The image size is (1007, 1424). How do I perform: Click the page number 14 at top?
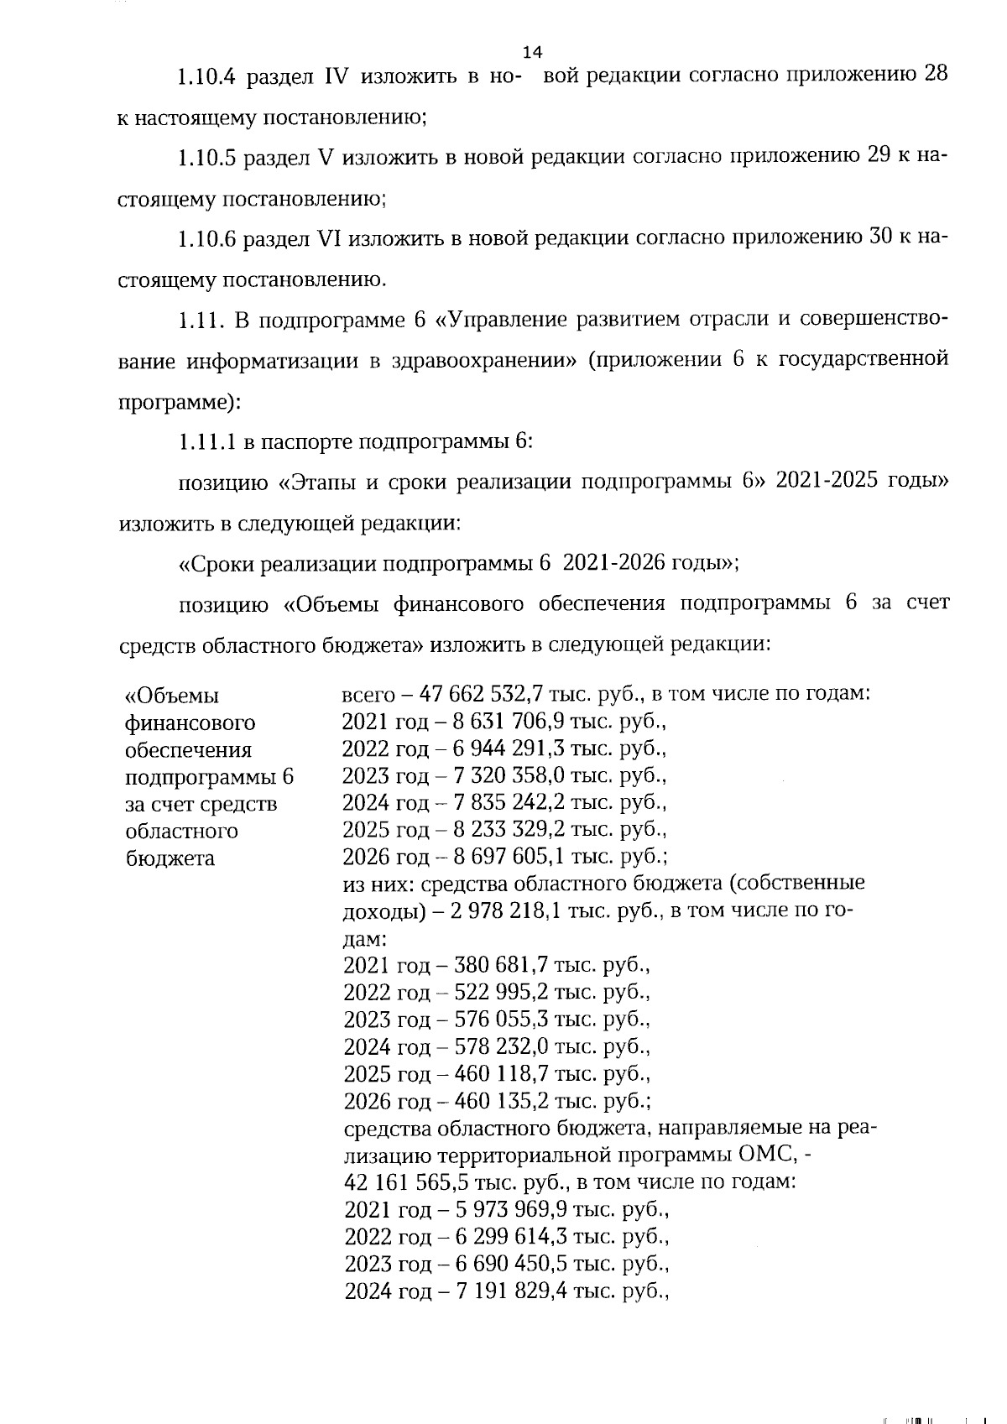tap(532, 52)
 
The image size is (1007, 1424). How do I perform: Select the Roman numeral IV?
tap(336, 76)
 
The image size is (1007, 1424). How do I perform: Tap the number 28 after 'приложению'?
tap(936, 74)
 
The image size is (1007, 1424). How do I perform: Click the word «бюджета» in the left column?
tap(170, 858)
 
